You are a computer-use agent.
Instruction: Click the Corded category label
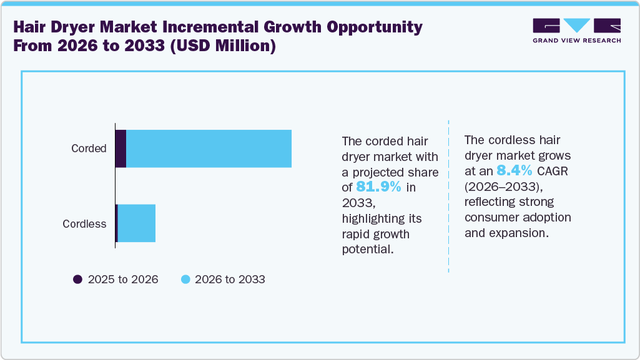(89, 148)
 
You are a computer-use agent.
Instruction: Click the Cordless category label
(84, 224)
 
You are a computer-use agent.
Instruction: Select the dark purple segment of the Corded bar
(121, 148)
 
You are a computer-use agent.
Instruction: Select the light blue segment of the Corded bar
(209, 148)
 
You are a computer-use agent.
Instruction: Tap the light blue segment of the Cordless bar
(136, 223)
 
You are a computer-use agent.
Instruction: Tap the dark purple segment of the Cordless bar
(117, 223)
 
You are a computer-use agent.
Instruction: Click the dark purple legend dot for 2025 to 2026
(78, 280)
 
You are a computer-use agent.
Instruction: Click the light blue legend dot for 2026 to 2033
(185, 280)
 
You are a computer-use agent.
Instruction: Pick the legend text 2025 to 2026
(123, 280)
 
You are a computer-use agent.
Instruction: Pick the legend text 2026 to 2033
(230, 280)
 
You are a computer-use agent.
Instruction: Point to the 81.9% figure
(379, 187)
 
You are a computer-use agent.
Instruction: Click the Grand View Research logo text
(576, 41)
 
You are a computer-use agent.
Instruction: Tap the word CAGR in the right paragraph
(550, 171)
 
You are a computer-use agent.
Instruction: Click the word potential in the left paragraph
(367, 250)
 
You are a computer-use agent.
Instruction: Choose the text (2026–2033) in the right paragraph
(497, 187)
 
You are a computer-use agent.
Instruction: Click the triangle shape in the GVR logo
(576, 26)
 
